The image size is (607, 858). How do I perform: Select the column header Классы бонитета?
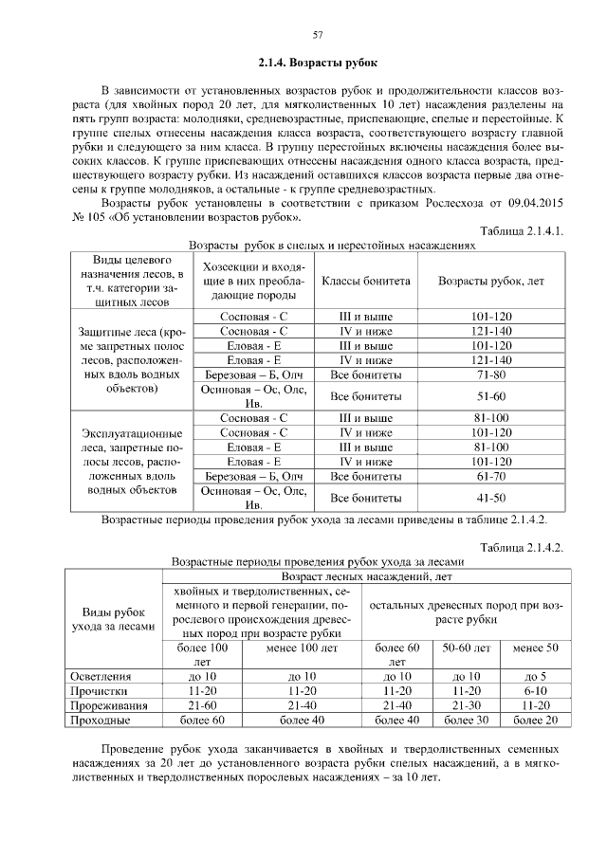(x=366, y=282)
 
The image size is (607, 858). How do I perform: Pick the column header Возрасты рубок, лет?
(x=490, y=282)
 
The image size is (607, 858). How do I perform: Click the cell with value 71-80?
(x=490, y=375)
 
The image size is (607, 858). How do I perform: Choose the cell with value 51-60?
(x=490, y=395)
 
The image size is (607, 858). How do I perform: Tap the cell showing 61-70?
(x=490, y=476)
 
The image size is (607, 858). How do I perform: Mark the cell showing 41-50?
(x=490, y=497)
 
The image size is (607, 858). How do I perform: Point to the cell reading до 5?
(x=534, y=676)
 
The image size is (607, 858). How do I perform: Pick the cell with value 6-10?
(x=534, y=691)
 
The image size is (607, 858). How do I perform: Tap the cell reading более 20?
(x=534, y=721)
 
